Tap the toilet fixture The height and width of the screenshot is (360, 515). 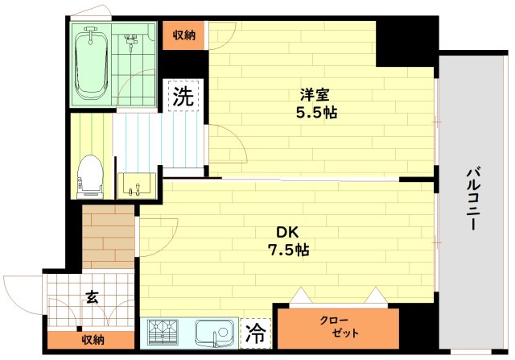tap(90, 176)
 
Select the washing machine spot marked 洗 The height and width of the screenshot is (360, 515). tap(183, 97)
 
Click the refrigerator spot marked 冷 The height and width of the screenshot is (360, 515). tap(256, 332)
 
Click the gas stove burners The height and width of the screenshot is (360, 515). tap(166, 332)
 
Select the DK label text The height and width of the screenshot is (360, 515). tap(288, 232)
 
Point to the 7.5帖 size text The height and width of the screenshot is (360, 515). tap(288, 250)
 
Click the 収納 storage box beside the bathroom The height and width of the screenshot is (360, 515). tap(183, 35)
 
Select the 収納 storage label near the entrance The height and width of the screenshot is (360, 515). tap(92, 340)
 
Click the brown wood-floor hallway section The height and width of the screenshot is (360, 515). tap(108, 237)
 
